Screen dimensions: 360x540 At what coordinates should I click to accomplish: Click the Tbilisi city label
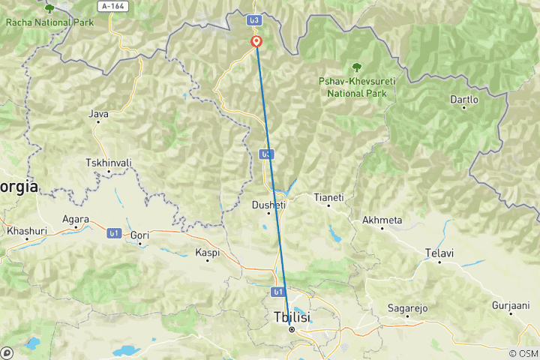(292, 317)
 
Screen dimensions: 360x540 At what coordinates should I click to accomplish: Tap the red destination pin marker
(256, 42)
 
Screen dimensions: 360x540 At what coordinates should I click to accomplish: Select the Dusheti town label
(268, 203)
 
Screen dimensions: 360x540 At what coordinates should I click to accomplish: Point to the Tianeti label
(328, 197)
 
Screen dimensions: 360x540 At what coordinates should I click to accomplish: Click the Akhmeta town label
(382, 220)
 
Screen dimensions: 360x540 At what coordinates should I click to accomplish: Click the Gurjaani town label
(510, 305)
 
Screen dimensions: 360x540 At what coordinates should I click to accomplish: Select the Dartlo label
(463, 99)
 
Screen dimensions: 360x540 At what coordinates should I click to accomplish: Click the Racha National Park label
(49, 22)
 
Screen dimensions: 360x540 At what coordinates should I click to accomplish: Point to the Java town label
(98, 114)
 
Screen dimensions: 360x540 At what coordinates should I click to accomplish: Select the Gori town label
(140, 235)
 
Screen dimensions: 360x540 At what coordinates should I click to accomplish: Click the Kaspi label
(207, 252)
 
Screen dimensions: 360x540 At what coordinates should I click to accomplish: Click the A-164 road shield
(113, 6)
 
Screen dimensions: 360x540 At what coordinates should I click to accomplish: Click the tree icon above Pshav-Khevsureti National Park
(356, 67)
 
